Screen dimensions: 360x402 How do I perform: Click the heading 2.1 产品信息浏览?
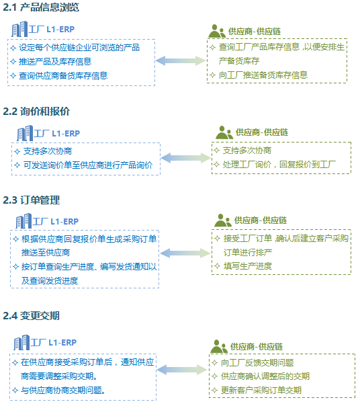click(41, 7)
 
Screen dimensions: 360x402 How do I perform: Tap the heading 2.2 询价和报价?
click(36, 112)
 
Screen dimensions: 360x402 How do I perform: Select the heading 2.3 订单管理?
click(32, 200)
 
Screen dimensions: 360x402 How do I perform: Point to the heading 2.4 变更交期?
click(32, 315)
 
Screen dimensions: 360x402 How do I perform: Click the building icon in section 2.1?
click(19, 29)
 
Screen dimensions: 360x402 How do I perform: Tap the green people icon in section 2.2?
click(224, 132)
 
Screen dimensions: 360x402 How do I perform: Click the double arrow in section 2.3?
click(185, 253)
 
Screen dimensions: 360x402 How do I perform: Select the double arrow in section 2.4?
click(182, 370)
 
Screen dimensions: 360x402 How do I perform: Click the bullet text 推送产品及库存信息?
click(55, 62)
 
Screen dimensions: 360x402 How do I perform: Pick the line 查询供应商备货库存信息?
click(63, 76)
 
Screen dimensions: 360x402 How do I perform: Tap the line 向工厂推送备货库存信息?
click(263, 75)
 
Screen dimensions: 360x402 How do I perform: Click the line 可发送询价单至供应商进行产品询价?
click(88, 165)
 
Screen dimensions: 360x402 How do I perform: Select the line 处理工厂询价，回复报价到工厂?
click(279, 164)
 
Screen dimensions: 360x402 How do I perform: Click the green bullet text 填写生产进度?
click(248, 266)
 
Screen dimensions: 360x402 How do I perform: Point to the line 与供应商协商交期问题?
click(63, 390)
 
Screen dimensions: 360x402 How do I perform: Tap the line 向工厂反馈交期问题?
click(257, 363)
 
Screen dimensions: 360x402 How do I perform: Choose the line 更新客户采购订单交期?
click(261, 390)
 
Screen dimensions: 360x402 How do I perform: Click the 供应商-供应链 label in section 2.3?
click(261, 220)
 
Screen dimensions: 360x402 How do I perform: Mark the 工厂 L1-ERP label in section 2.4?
click(54, 342)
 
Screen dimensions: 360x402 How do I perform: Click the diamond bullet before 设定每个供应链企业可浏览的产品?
click(13, 48)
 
